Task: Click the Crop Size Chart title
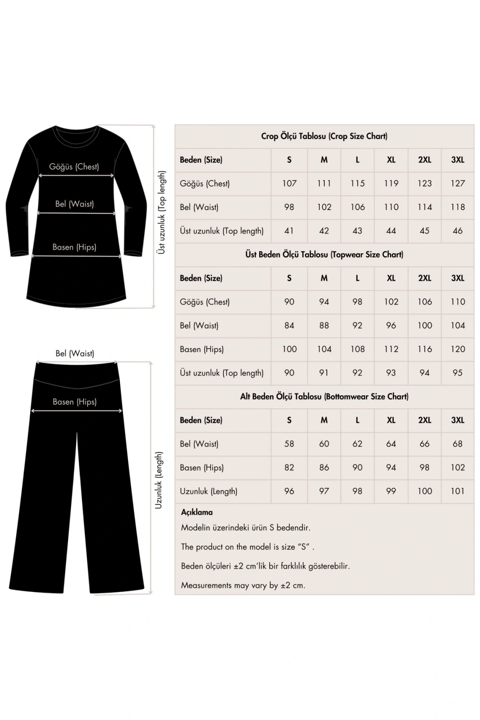click(x=324, y=136)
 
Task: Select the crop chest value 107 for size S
click(x=289, y=183)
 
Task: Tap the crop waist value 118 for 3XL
click(x=457, y=207)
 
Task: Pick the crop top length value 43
click(x=357, y=231)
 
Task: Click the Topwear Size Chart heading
click(x=324, y=255)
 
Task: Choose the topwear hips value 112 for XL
click(x=391, y=349)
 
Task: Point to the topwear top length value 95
click(x=457, y=373)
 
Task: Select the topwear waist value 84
click(x=289, y=325)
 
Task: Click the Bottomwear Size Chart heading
click(x=324, y=397)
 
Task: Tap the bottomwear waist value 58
click(x=289, y=444)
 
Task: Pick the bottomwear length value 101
click(x=457, y=491)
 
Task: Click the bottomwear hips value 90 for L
click(x=357, y=467)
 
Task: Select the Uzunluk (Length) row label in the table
click(x=209, y=491)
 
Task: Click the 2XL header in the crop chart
click(x=425, y=160)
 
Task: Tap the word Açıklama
click(x=197, y=512)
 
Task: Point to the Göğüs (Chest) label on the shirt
click(x=74, y=167)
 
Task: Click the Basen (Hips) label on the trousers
click(x=75, y=402)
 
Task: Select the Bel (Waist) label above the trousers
click(x=75, y=353)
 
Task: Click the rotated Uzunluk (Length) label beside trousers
click(x=159, y=480)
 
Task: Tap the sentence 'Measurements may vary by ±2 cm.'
click(x=243, y=585)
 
